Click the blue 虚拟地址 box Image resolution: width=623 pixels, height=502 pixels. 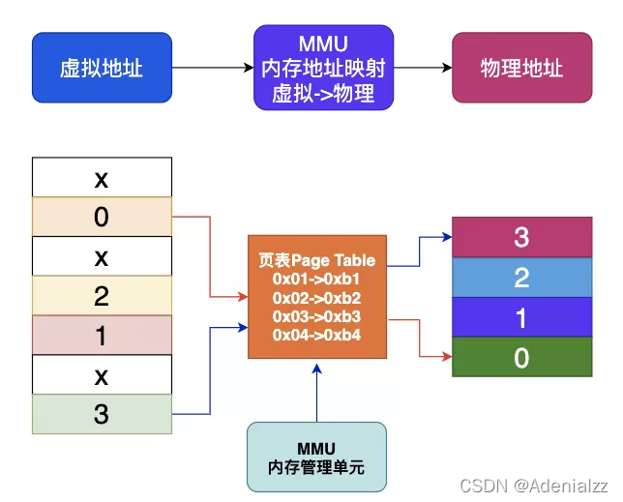tap(102, 68)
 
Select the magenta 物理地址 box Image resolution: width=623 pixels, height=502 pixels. tap(521, 68)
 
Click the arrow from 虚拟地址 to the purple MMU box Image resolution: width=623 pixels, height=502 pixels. tap(212, 68)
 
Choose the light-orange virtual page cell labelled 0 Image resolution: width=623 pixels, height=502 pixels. tap(102, 217)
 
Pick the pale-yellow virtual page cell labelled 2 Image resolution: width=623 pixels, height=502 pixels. tap(102, 295)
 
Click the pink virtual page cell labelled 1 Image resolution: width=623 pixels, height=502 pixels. tap(102, 335)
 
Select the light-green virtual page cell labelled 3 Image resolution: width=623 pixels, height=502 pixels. tap(102, 414)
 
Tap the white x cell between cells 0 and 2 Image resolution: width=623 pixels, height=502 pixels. tap(102, 256)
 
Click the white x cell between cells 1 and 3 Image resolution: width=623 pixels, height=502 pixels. tap(102, 374)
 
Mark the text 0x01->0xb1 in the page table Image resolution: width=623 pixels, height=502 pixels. tap(317, 280)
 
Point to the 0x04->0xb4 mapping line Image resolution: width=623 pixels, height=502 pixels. tap(317, 335)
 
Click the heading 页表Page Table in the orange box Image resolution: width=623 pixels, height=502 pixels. tap(317, 261)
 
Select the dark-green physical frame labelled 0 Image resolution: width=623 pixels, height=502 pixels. tap(521, 358)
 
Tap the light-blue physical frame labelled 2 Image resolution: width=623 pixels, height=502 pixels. tap(521, 279)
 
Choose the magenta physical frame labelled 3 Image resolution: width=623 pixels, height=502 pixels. tap(521, 238)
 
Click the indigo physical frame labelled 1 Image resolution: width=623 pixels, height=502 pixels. tap(521, 318)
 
